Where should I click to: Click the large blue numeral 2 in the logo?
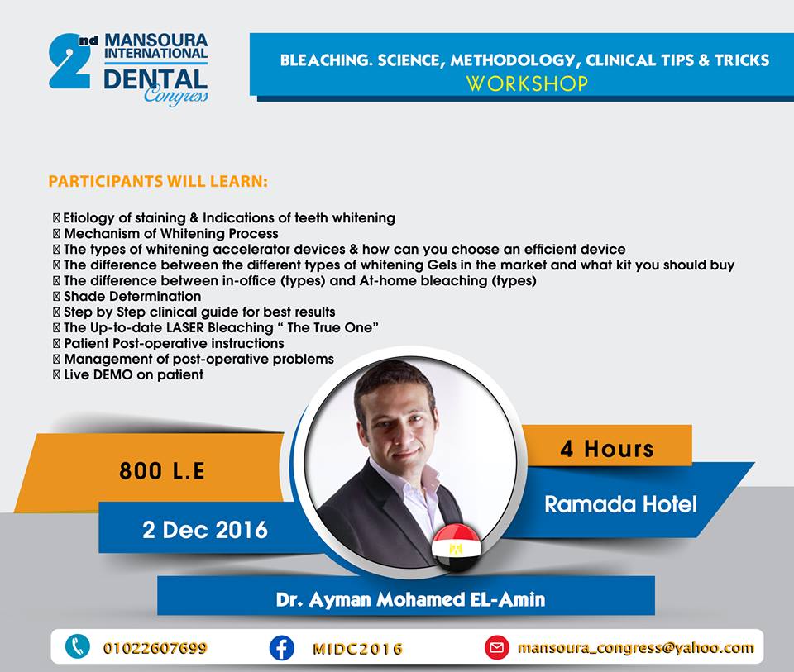click(69, 62)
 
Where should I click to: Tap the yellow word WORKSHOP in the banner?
click(527, 83)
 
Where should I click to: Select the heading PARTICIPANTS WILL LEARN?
click(158, 181)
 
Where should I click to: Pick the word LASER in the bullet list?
click(184, 327)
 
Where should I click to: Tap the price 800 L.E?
click(162, 470)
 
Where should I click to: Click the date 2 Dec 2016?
click(204, 530)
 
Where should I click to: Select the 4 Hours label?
click(606, 449)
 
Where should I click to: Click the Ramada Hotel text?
click(620, 504)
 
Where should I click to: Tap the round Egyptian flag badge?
click(457, 547)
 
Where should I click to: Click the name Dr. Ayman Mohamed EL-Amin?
click(411, 599)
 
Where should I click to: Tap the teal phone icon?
click(78, 647)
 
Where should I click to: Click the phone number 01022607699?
click(155, 648)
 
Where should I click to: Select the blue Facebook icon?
click(281, 648)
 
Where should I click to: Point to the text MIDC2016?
click(357, 649)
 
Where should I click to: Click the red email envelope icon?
click(497, 648)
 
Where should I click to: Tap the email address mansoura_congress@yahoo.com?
click(635, 648)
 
